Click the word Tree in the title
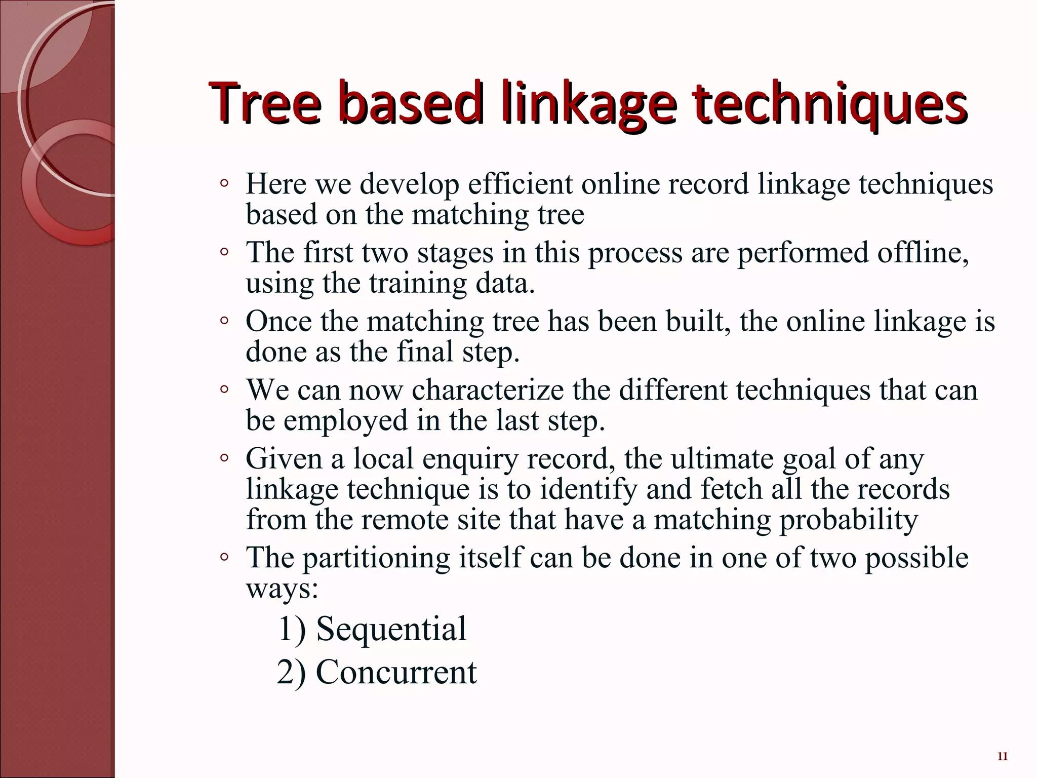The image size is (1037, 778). pos(265,104)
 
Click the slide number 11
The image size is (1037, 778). pos(1002,757)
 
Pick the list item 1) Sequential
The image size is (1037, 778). pos(372,629)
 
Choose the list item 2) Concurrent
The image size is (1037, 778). pos(377,672)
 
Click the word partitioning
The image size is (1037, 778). pos(377,558)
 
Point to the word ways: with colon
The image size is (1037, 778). pos(282,589)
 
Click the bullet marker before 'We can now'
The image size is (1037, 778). pos(224,390)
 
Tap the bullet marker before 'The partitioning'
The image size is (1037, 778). pos(224,557)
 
